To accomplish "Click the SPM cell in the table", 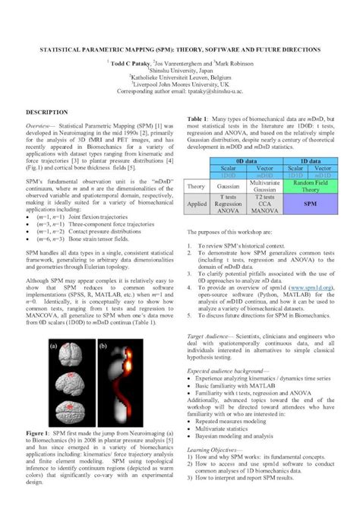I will click(311, 204).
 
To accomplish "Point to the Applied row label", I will click(196, 204).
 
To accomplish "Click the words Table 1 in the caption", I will click(201, 119).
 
